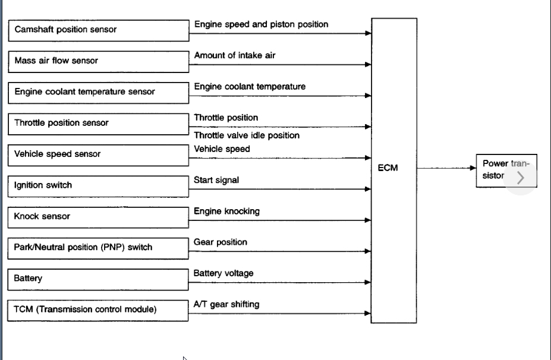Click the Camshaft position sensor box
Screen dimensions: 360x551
point(98,30)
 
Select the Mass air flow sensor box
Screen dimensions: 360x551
point(98,61)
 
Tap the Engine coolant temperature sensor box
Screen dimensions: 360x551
point(98,93)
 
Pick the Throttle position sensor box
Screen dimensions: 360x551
point(98,124)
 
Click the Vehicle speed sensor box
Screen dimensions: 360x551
point(98,154)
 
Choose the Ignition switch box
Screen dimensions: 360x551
point(98,186)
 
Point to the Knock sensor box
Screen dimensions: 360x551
point(98,217)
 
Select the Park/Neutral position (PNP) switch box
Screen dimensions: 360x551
point(98,248)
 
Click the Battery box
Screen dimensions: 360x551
point(98,279)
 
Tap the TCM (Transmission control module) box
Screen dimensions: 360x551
point(98,310)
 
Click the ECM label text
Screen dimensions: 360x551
point(388,168)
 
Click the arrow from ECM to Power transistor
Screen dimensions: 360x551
point(446,168)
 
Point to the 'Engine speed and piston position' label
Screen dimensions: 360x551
point(261,24)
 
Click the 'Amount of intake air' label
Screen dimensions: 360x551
point(235,55)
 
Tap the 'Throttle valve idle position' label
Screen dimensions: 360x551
point(247,135)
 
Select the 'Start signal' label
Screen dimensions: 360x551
point(216,180)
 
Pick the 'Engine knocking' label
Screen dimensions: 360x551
point(226,211)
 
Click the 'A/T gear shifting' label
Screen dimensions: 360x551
point(226,304)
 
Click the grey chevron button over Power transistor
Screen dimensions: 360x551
point(521,177)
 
